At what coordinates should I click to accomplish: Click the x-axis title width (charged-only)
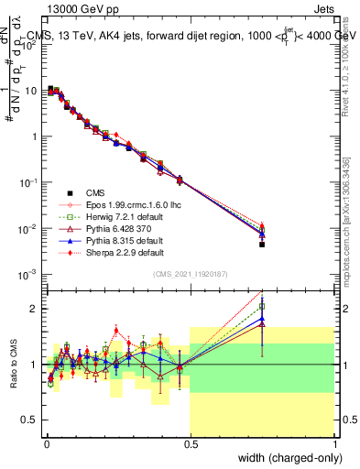285,459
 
